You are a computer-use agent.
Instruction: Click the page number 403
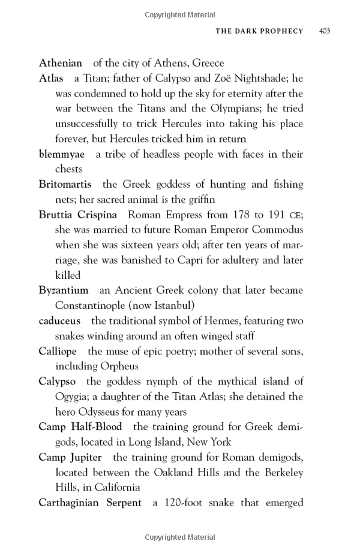(x=325, y=31)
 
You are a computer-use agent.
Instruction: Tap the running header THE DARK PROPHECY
(x=259, y=31)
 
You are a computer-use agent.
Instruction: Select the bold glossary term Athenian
(x=60, y=63)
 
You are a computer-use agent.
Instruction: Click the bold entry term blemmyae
(x=62, y=154)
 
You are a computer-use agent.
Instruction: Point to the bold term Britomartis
(x=65, y=184)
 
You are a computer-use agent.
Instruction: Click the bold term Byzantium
(x=63, y=290)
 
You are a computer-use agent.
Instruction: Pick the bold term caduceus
(x=59, y=321)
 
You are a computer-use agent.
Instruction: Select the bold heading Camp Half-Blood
(x=80, y=426)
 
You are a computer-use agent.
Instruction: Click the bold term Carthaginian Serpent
(x=90, y=502)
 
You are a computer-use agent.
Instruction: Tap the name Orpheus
(x=118, y=366)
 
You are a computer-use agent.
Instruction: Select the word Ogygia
(x=72, y=396)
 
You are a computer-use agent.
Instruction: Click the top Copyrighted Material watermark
(x=179, y=11)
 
